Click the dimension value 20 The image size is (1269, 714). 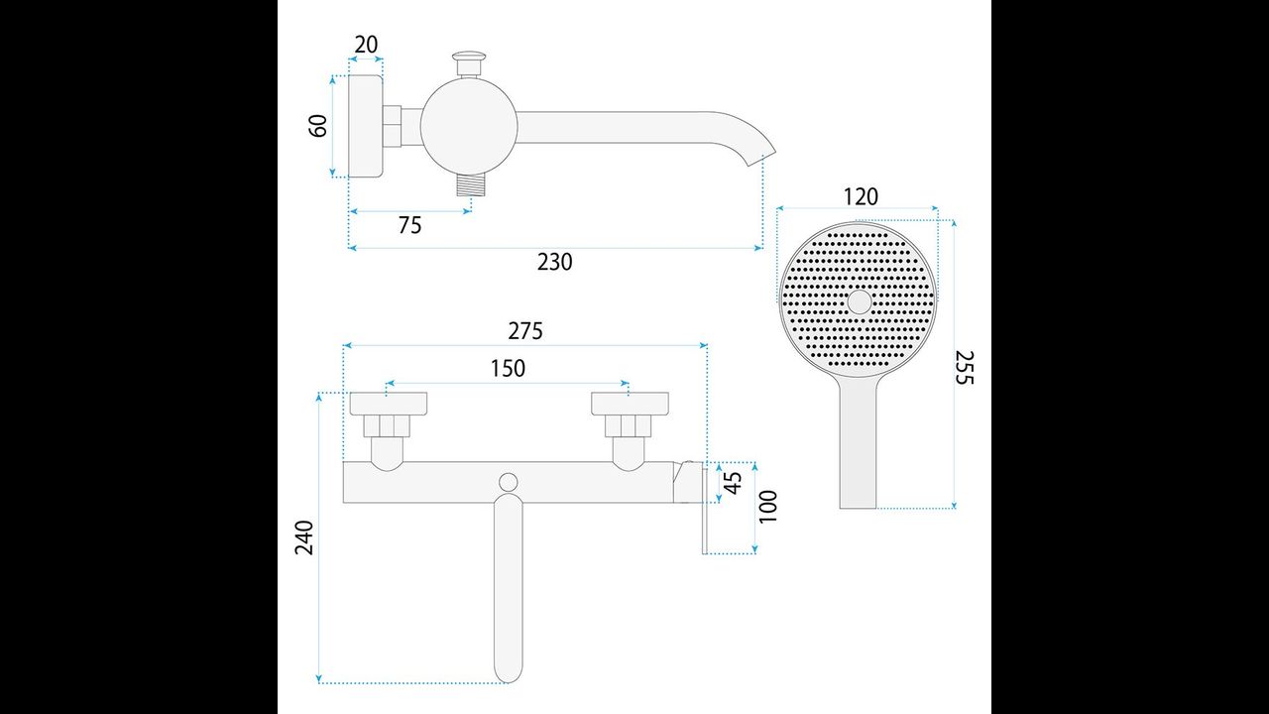(366, 45)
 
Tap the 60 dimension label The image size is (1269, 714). (318, 126)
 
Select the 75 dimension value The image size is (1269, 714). (410, 225)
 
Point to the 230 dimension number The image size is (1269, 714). (554, 262)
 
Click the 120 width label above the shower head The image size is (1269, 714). (861, 197)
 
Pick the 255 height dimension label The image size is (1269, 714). (965, 368)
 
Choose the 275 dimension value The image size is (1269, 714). (525, 331)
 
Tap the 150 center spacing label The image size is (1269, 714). (508, 368)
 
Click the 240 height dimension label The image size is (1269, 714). (304, 537)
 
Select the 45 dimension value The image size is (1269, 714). (733, 483)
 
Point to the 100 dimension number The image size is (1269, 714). (767, 507)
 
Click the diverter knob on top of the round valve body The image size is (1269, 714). (469, 62)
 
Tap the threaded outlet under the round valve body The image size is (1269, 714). (471, 184)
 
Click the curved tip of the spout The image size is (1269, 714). (762, 152)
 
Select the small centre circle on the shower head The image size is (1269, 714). (860, 302)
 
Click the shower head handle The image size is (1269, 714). (859, 442)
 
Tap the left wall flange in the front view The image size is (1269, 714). (388, 403)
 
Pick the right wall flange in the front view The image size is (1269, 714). (630, 403)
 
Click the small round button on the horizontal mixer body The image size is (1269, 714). (509, 482)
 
